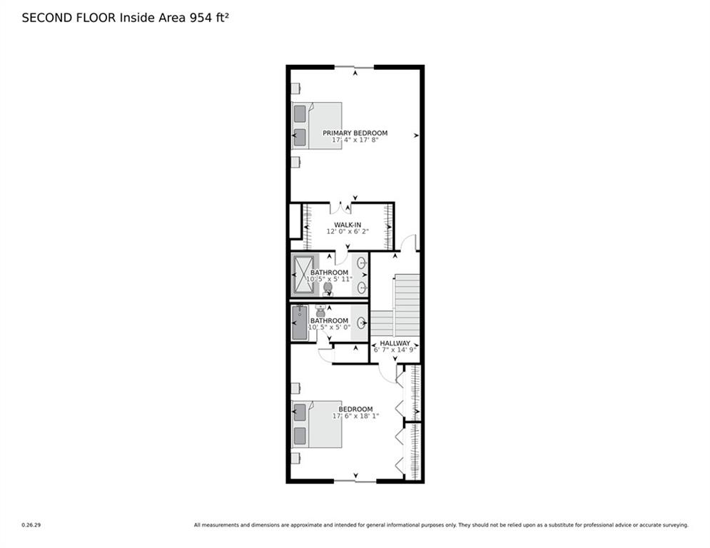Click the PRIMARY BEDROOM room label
click(x=355, y=133)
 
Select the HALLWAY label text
click(x=395, y=343)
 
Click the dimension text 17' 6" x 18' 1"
click(x=355, y=416)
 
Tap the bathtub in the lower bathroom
click(x=298, y=323)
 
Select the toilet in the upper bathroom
click(x=328, y=288)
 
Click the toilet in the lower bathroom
click(x=320, y=310)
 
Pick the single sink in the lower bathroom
click(x=361, y=323)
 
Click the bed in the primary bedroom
click(x=317, y=126)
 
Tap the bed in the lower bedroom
click(x=317, y=424)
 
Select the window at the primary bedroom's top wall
click(x=354, y=67)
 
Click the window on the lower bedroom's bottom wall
click(x=355, y=481)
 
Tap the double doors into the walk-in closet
click(x=345, y=208)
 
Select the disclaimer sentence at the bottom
click(x=441, y=525)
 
